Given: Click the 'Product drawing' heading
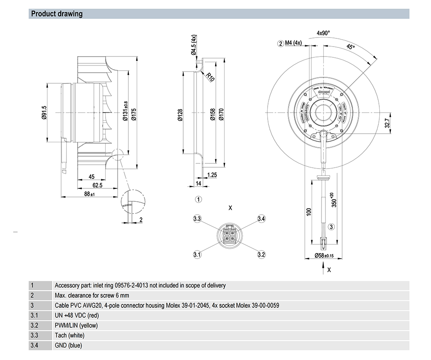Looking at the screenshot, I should [57, 14].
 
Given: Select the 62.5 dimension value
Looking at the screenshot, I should [98, 185].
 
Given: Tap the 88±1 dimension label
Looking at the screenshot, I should [90, 194].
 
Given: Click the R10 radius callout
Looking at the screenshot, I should [210, 77].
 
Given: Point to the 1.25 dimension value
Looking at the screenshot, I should [212, 175].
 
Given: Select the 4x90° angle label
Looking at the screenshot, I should [323, 33].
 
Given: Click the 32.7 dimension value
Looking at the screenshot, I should [387, 123].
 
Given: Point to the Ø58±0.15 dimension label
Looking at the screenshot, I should [324, 256].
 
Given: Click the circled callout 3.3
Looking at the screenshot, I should [197, 219].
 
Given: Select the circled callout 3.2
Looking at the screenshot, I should [261, 254].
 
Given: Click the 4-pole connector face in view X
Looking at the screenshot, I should [229, 235].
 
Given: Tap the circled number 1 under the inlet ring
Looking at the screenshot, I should [198, 200].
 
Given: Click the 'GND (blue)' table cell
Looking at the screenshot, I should [68, 345].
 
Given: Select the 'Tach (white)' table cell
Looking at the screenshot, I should [69, 335].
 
